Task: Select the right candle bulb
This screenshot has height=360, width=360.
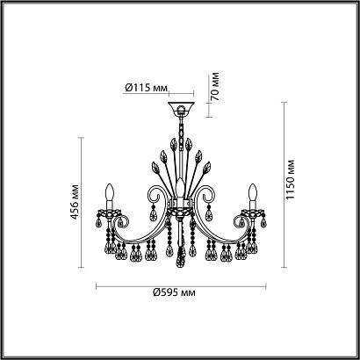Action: point(253,193)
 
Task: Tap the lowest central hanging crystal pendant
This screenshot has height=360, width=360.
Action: point(182,256)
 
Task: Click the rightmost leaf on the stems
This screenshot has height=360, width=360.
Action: point(206,165)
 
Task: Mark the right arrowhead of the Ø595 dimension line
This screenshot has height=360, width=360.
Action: point(266,285)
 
